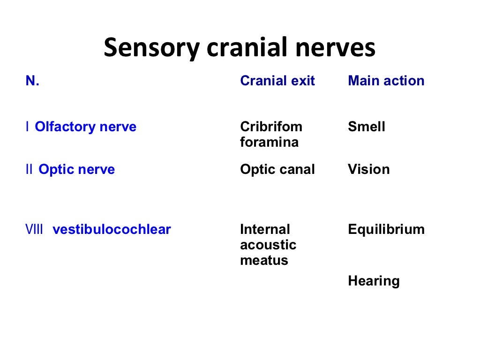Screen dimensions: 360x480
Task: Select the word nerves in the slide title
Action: [x=332, y=48]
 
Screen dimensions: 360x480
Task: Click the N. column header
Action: [x=32, y=81]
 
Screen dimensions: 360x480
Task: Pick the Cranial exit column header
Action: [x=277, y=81]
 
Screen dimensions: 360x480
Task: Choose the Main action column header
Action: [x=386, y=81]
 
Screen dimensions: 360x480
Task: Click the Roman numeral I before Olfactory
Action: [x=28, y=127]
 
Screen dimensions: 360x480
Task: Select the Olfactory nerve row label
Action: [x=86, y=127]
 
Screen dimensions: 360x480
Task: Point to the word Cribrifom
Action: [x=271, y=127]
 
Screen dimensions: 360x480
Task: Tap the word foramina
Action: [x=269, y=142]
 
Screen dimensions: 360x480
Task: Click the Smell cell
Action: [x=366, y=127]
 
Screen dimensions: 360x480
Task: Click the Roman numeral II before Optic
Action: [x=29, y=169]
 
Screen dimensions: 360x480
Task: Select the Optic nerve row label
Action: [x=76, y=169]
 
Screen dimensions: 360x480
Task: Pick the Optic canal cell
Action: [x=277, y=169]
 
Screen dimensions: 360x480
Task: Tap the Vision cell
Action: [x=368, y=169]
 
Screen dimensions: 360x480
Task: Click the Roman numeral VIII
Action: [x=34, y=230]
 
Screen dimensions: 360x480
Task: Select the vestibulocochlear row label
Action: [x=112, y=230]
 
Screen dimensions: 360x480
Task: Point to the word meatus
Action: [x=263, y=260]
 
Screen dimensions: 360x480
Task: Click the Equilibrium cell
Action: [x=386, y=230]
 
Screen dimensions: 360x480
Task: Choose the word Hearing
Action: [x=374, y=281]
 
